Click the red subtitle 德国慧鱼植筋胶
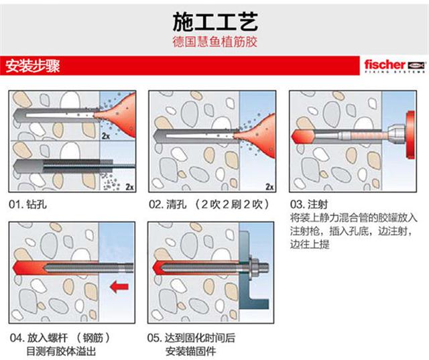[x=214, y=42]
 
